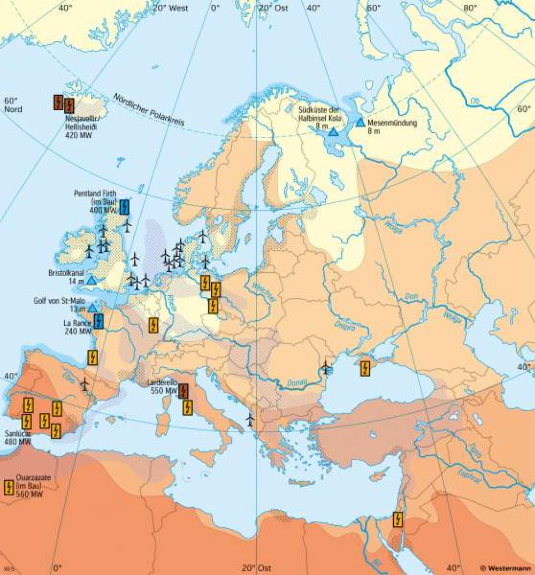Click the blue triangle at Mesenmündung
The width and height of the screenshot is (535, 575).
click(361, 122)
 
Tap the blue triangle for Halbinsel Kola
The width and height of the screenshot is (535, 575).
click(333, 131)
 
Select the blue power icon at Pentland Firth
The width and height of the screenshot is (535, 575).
click(125, 206)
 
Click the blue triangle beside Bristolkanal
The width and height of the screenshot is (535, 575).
click(91, 280)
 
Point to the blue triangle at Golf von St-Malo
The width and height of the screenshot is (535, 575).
click(93, 308)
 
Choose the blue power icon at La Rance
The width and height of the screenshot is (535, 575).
click(98, 321)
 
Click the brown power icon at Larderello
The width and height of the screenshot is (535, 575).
click(183, 391)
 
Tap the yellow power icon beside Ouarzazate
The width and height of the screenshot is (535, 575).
click(9, 487)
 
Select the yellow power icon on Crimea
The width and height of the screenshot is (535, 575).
click(365, 369)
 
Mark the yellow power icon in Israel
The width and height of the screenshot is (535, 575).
click(398, 519)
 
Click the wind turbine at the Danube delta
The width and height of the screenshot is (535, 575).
click(325, 367)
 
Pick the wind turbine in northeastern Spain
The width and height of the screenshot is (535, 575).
click(85, 384)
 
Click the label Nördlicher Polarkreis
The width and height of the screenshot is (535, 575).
click(148, 110)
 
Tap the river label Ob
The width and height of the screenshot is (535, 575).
click(474, 100)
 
